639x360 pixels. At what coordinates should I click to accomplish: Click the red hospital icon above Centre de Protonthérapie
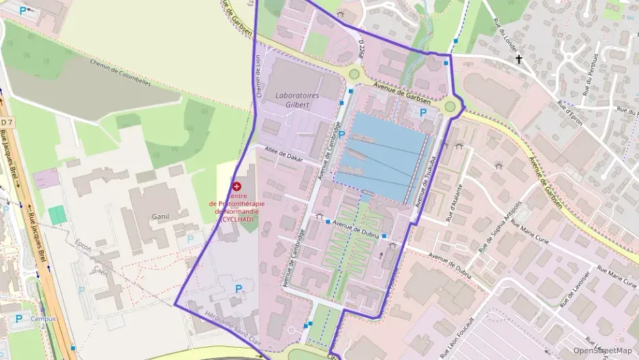[236, 186]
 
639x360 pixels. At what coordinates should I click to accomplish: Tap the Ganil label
[161, 216]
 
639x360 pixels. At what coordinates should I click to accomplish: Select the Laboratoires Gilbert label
[297, 100]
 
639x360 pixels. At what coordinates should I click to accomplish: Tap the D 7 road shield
[7, 122]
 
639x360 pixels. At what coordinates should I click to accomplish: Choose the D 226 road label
[362, 49]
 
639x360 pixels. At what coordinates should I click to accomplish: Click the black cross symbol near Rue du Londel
[518, 60]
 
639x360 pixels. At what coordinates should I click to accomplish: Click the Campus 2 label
[43, 322]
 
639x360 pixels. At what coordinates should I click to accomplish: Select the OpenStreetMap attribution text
[603, 350]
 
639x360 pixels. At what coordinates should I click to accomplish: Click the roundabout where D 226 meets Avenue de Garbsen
[354, 74]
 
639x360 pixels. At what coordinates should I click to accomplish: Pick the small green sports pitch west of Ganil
[57, 214]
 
